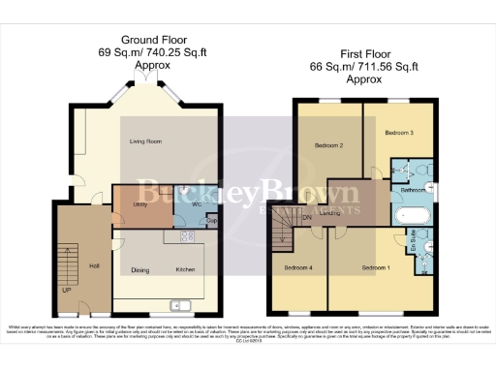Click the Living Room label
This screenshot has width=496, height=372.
click(145, 141)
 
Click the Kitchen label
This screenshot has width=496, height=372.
click(185, 268)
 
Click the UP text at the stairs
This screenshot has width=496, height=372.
click(67, 289)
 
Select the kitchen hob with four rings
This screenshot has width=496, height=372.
click(185, 235)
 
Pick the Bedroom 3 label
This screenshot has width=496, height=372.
click(399, 131)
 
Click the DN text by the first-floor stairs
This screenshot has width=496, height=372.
click(307, 218)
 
